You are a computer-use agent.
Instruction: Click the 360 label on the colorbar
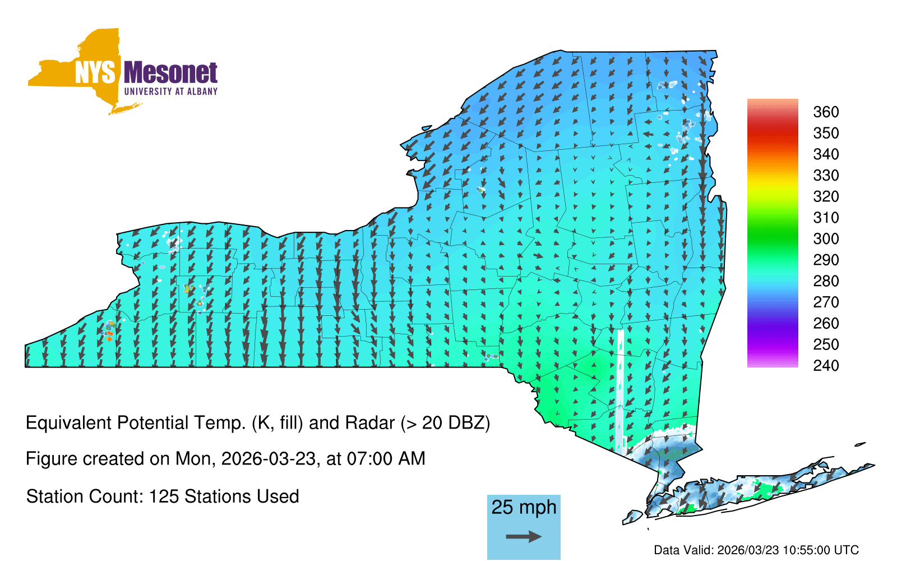[826, 112]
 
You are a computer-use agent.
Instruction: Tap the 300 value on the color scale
[826, 239]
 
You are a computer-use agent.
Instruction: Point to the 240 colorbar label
[826, 365]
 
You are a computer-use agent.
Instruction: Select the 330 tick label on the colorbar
[826, 175]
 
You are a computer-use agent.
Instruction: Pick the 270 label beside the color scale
[826, 302]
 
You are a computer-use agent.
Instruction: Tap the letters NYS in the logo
[95, 72]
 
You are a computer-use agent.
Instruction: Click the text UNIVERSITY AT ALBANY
[171, 91]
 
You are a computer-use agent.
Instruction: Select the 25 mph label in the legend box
[524, 507]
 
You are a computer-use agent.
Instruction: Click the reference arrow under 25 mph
[524, 536]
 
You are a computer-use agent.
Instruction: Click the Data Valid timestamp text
[756, 550]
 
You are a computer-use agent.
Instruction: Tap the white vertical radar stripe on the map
[620, 392]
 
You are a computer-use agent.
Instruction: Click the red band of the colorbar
[773, 132]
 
